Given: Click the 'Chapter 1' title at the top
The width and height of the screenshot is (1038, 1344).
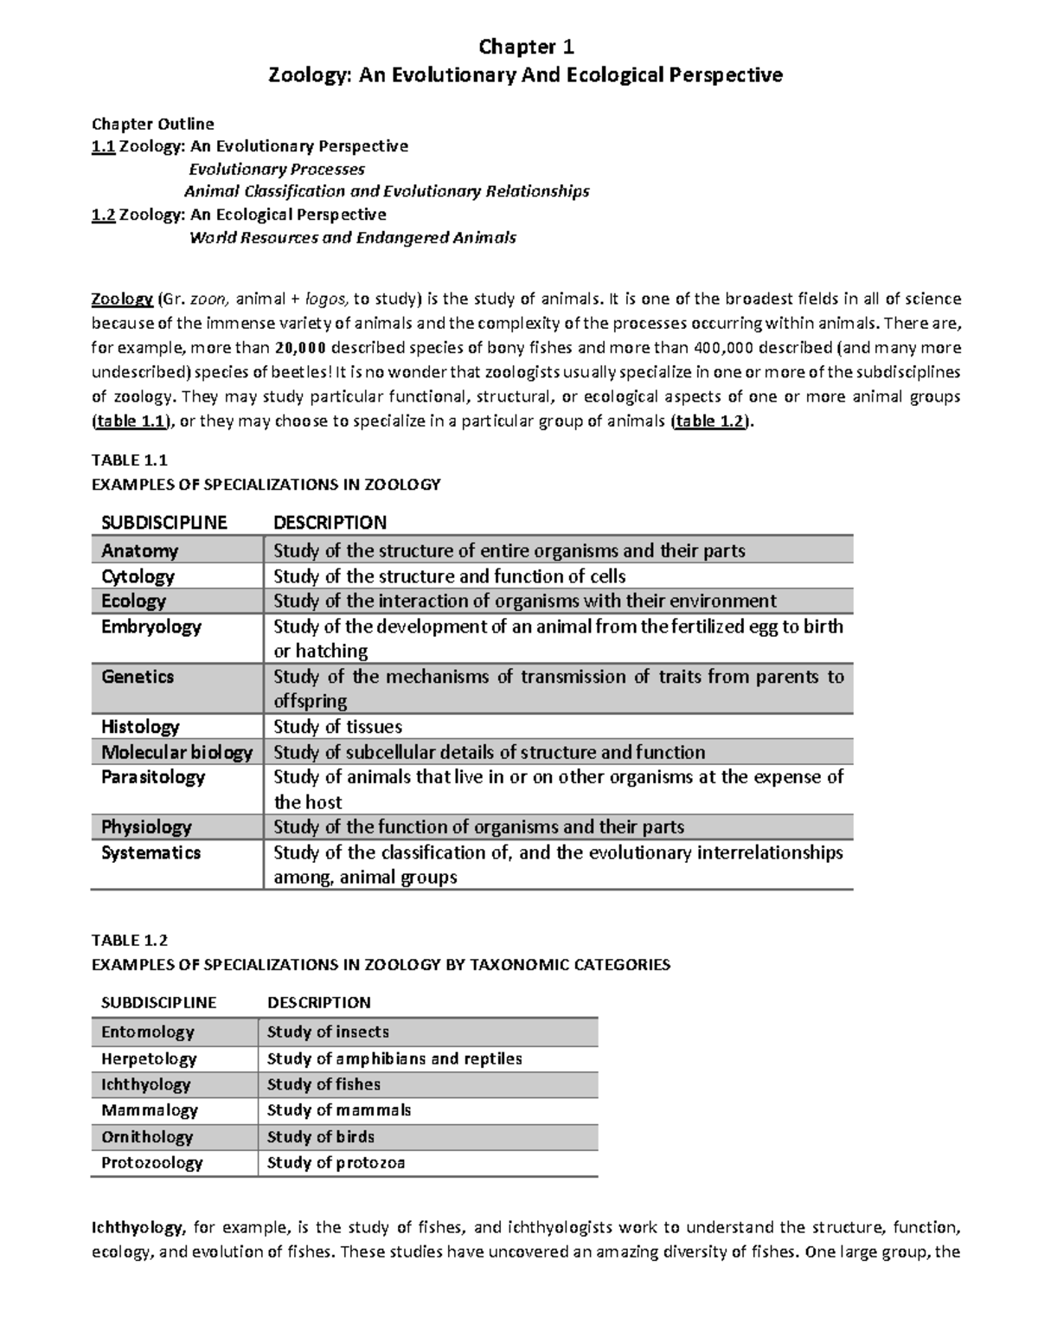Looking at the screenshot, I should [526, 46].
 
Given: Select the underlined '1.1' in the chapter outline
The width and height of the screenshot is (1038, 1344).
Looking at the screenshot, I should [103, 146].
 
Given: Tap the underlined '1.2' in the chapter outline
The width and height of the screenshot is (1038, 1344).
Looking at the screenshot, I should [103, 215].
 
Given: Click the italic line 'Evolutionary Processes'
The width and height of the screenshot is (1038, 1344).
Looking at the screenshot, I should [277, 170].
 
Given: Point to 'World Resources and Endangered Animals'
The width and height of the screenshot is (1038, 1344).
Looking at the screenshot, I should [352, 237].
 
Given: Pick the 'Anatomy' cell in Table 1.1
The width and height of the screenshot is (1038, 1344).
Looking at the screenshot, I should [139, 551].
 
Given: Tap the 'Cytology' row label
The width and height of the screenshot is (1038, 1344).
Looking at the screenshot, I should [138, 576].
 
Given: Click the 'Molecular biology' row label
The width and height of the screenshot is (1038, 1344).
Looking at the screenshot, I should [176, 752].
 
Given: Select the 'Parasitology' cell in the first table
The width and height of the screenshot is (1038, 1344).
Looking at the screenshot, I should [153, 777].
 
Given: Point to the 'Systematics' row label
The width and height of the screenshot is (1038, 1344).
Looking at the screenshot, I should [151, 853].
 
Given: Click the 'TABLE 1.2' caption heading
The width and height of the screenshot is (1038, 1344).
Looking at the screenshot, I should [130, 940].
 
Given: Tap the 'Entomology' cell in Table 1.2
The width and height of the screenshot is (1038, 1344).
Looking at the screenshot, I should [147, 1032].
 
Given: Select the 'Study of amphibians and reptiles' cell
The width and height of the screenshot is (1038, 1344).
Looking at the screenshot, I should [394, 1058].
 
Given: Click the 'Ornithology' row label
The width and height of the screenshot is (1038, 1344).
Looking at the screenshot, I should [147, 1137].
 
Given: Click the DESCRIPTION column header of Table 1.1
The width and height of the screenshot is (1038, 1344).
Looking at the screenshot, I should [330, 523].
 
